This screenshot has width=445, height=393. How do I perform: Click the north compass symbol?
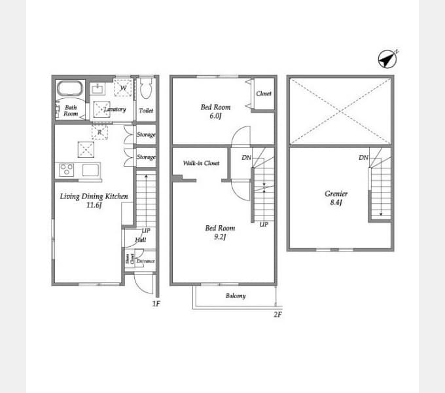pos(387,59)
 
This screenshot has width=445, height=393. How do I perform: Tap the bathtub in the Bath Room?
pos(68,88)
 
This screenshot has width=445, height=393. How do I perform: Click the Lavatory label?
pos(115,109)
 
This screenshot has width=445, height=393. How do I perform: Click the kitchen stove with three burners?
pos(67,170)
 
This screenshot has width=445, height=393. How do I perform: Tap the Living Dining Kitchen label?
pos(94,196)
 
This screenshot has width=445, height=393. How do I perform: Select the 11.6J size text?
pos(94,205)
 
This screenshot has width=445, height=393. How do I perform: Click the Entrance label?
pos(145,261)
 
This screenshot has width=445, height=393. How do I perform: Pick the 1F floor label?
pos(156,304)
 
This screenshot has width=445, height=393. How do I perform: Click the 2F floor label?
pos(277,314)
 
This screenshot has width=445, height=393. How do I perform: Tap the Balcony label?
pos(236,296)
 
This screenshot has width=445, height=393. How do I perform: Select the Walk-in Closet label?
pos(201,163)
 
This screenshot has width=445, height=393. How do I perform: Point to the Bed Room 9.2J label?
pos(219,233)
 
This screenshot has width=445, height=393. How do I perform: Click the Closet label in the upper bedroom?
pos(264,94)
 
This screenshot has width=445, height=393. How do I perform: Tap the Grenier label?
pos(336,194)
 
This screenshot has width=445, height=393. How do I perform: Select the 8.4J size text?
pos(336,203)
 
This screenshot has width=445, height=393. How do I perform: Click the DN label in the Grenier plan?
pos(363,158)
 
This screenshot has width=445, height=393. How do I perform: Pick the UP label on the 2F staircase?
pos(263,225)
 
